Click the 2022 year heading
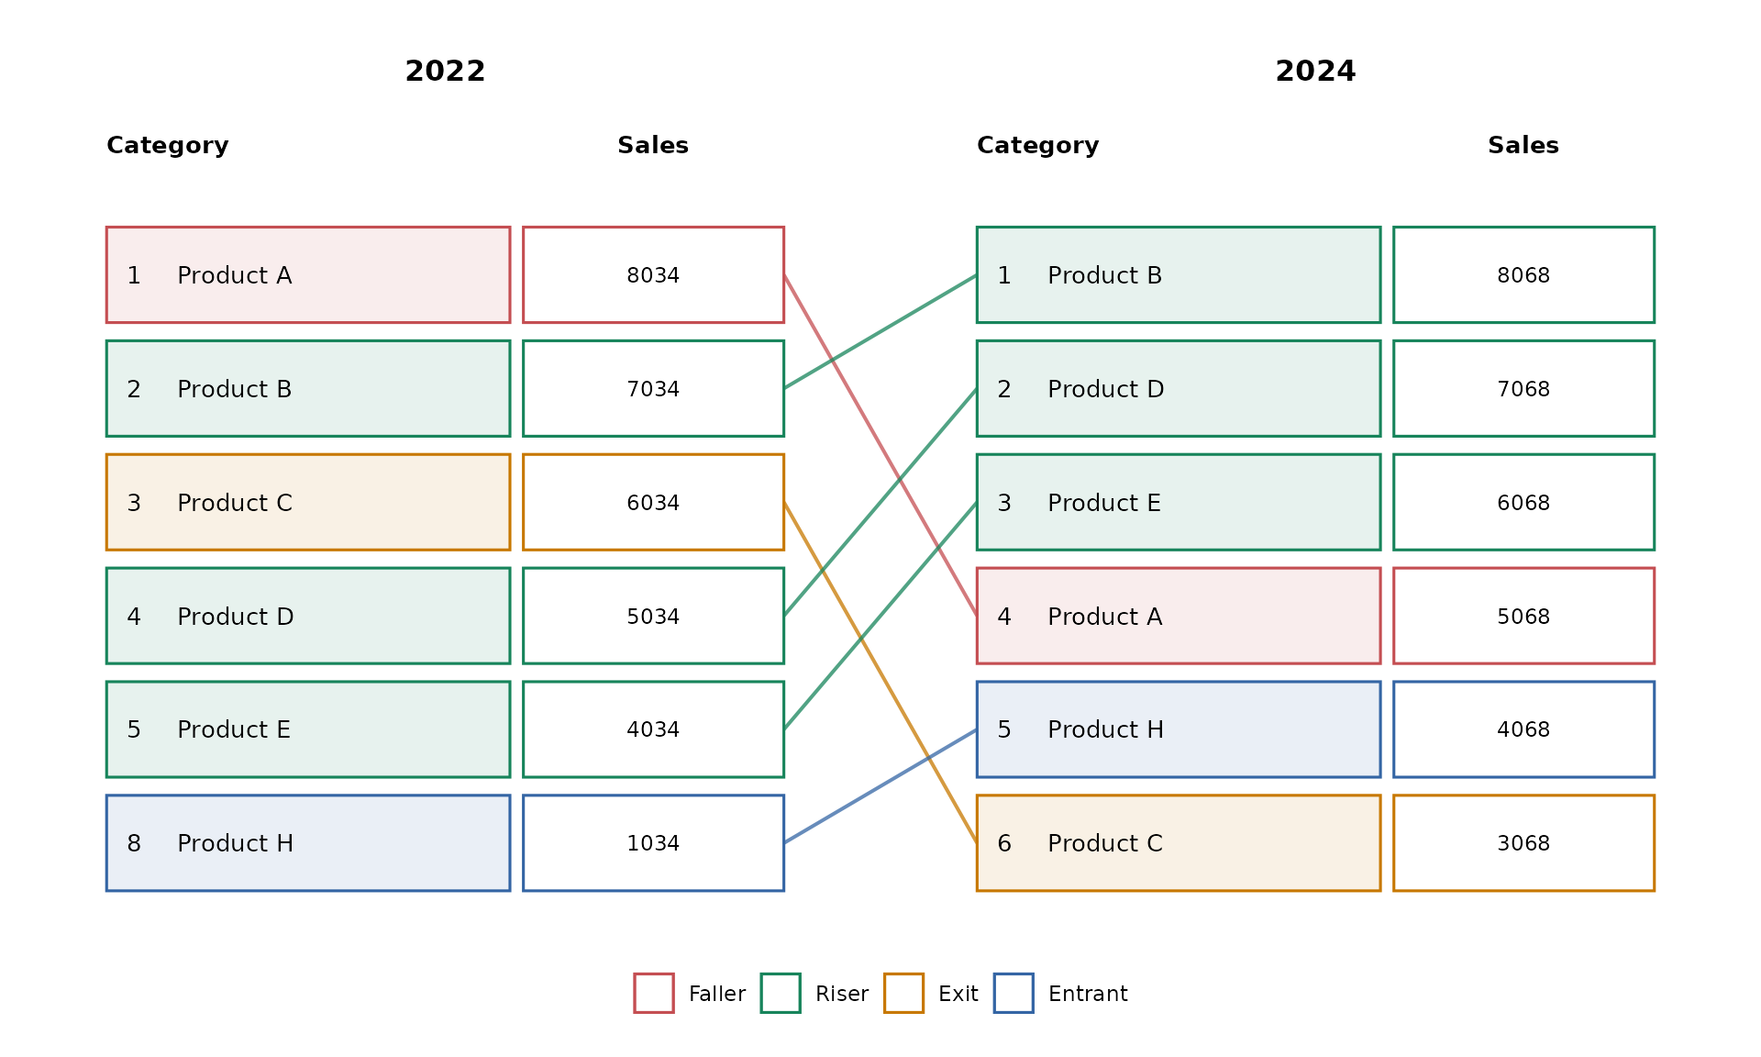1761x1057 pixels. pos(445,71)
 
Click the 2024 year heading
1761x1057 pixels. pos(1315,71)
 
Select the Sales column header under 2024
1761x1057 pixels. pos(1523,145)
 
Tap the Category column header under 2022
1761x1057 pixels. pos(168,145)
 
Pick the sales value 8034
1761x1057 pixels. pos(653,275)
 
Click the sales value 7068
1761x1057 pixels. pos(1523,389)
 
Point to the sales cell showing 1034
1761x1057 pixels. pos(653,843)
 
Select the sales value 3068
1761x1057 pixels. pos(1523,843)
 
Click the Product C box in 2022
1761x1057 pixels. pos(308,503)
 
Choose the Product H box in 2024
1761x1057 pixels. pos(1179,729)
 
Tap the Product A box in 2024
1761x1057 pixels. pos(1179,616)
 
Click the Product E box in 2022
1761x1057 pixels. pos(308,729)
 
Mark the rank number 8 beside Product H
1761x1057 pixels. pos(134,843)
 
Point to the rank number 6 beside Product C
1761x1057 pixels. pos(1004,843)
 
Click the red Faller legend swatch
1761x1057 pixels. pos(654,993)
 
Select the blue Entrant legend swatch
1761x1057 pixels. pos(1013,993)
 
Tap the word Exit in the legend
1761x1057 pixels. pos(958,994)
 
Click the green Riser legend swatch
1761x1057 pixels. pos(781,993)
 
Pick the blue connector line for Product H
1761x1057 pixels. pos(880,786)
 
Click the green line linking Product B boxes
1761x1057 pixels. pos(880,332)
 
